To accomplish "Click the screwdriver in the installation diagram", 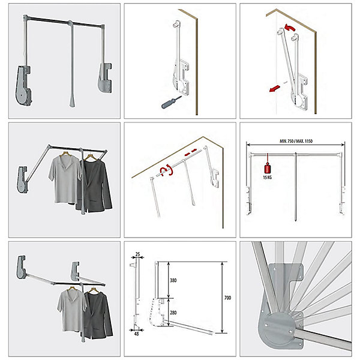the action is coord(171,103).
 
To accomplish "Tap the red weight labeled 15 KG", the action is coord(268,168).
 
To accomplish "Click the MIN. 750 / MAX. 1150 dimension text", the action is coord(296,141).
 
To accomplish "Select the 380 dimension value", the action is coord(173,280).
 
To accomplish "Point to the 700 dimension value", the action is coord(227,298).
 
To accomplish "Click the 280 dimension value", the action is coord(173,313).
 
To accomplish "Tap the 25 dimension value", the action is coord(137,254).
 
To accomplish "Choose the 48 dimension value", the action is coord(136,334).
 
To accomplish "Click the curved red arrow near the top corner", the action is coord(290,27).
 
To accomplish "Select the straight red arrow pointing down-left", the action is coord(275,88).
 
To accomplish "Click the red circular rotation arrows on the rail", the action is coord(166,170).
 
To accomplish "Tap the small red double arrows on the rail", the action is coord(190,152).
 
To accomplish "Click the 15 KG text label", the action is coord(268,177).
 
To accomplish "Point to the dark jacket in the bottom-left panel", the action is coord(98,315).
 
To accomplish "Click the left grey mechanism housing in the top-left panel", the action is coord(23,85).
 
